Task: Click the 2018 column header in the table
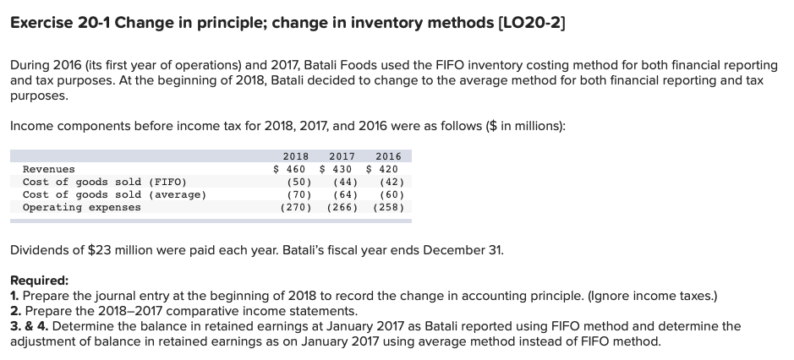coord(294,156)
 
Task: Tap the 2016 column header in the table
coord(388,156)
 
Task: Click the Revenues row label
coord(48,169)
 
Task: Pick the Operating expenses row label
coord(81,207)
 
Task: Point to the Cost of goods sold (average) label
coord(113,194)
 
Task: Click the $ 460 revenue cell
coord(289,169)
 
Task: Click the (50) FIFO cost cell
coord(297,182)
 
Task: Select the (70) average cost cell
coord(297,194)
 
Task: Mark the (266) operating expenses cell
coord(342,207)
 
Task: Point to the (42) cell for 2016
coord(392,182)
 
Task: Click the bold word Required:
coord(39,281)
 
